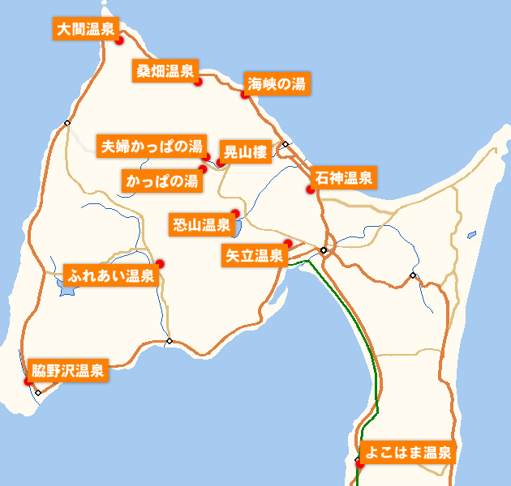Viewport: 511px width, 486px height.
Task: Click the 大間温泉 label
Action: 85,29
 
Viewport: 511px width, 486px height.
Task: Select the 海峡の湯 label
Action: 277,83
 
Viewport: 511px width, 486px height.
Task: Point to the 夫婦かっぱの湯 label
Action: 150,147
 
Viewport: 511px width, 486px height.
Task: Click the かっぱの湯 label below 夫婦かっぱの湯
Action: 161,181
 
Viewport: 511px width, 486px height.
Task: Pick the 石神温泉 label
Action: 343,178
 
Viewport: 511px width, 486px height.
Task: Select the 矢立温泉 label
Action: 254,256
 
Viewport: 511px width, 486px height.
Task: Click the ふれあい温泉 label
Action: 112,275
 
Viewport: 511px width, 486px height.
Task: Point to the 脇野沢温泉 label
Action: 67,372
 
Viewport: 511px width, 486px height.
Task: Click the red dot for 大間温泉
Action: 118,39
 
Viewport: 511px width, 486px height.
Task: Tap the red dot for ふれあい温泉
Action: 161,263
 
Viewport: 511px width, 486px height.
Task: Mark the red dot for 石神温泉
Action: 310,190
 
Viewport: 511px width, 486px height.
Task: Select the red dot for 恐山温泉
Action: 234,214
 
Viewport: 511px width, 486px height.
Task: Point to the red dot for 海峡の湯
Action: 244,94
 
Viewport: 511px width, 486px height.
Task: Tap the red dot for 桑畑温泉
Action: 198,81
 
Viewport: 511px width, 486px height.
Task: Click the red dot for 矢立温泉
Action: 288,244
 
